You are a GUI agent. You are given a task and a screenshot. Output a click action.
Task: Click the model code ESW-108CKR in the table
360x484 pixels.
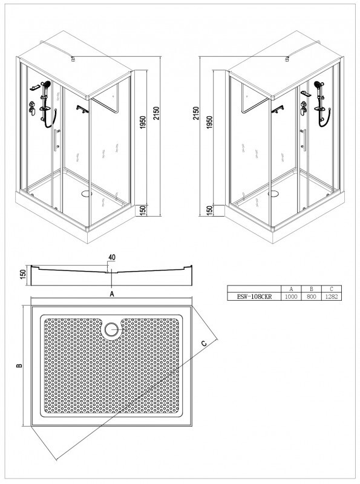click(x=254, y=296)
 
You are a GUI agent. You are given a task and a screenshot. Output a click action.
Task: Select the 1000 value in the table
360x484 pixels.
click(x=291, y=296)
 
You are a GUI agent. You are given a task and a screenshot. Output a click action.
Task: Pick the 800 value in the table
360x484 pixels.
click(x=311, y=296)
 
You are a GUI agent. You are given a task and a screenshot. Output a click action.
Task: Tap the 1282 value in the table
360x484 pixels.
click(x=332, y=296)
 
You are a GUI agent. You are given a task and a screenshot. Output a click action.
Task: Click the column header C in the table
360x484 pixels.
click(x=332, y=289)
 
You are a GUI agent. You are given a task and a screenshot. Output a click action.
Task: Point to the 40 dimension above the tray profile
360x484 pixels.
click(x=112, y=257)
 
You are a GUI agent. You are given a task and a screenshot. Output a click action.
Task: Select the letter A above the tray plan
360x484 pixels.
click(x=112, y=294)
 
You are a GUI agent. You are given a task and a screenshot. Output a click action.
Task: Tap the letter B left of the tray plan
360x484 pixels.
click(x=19, y=365)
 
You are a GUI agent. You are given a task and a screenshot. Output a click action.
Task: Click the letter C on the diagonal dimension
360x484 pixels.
click(x=203, y=343)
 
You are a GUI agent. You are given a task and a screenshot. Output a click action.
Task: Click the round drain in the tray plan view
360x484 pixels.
click(x=111, y=330)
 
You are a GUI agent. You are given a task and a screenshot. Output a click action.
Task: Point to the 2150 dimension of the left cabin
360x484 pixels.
click(x=156, y=114)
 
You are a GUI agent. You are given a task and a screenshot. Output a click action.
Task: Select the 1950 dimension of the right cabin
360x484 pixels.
click(x=209, y=123)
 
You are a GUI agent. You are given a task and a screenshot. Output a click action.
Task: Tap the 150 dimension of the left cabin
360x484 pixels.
click(x=143, y=211)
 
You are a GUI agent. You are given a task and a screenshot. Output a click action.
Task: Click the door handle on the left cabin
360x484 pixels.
click(x=56, y=140)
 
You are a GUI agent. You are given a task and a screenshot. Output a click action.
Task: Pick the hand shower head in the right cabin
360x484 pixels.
click(x=318, y=84)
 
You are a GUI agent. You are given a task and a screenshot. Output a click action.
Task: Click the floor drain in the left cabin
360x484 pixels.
click(x=87, y=194)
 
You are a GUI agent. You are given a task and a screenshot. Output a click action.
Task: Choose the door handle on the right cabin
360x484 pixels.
click(x=304, y=140)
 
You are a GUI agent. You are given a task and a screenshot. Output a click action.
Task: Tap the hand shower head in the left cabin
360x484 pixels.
click(x=47, y=83)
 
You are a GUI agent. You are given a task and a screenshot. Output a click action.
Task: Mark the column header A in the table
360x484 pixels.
click(x=291, y=289)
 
